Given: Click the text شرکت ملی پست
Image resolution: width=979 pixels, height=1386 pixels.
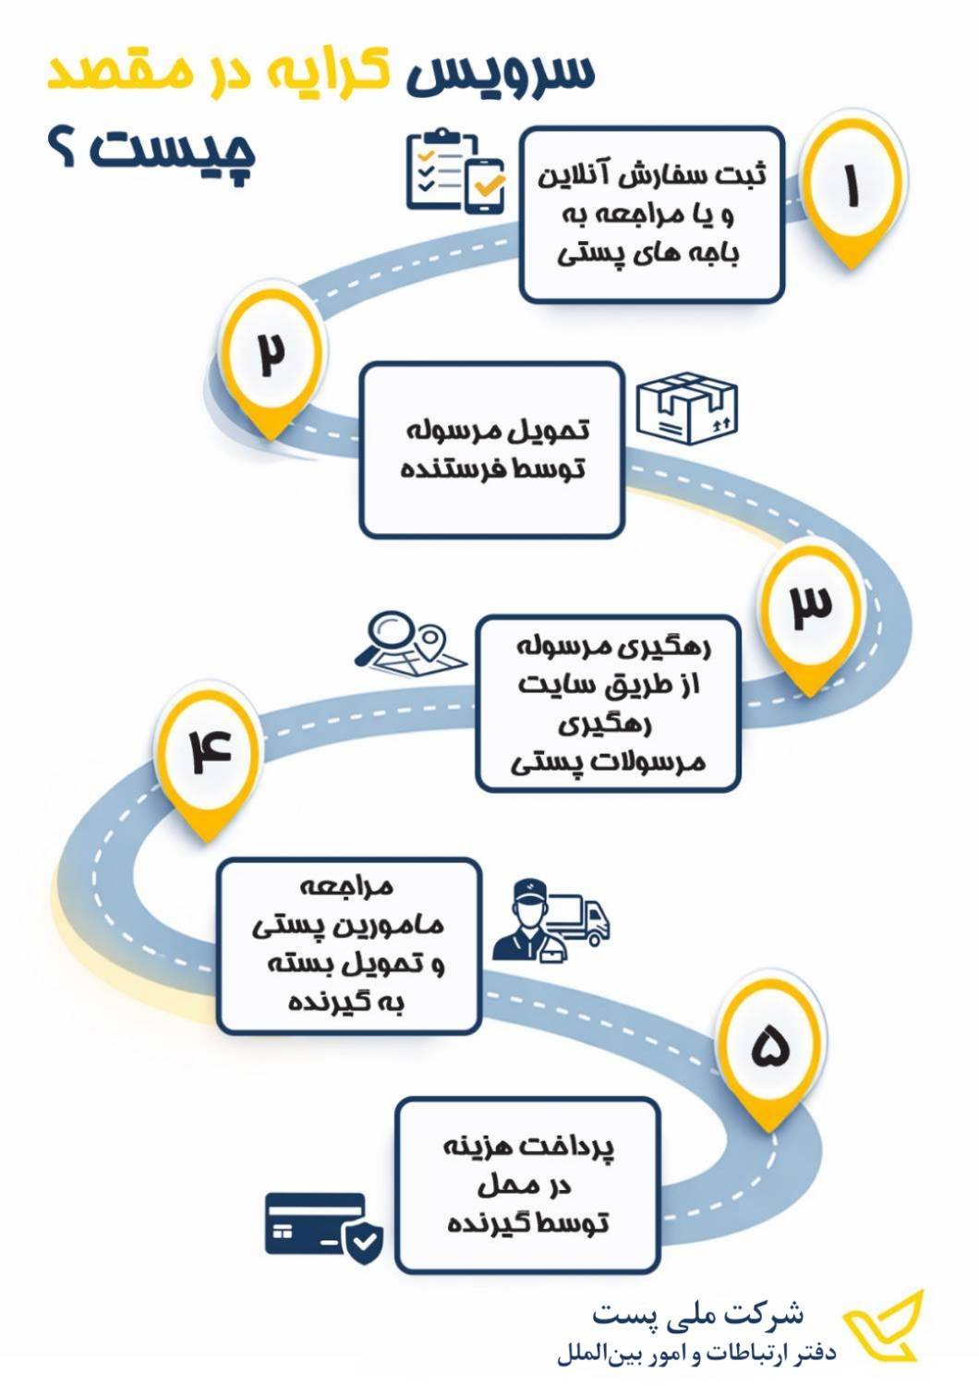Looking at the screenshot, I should coord(698,1312).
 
